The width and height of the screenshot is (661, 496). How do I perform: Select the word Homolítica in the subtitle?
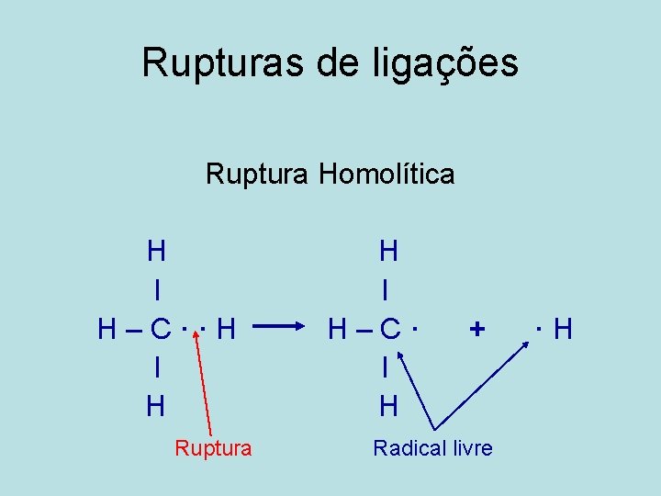(387, 174)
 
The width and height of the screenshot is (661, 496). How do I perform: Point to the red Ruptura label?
(213, 448)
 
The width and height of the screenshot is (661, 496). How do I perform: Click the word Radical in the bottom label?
(410, 448)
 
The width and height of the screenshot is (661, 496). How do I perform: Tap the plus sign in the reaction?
(476, 327)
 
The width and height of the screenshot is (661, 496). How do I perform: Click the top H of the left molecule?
(157, 250)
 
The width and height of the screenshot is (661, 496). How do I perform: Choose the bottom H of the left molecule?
(157, 405)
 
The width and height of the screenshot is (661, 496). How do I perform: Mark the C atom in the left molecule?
(162, 328)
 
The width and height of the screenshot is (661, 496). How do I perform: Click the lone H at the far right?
(563, 328)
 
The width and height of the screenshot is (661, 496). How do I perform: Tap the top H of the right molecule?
(388, 250)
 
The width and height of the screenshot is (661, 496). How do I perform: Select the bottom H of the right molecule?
(388, 405)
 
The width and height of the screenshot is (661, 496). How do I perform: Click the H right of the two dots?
(228, 328)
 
